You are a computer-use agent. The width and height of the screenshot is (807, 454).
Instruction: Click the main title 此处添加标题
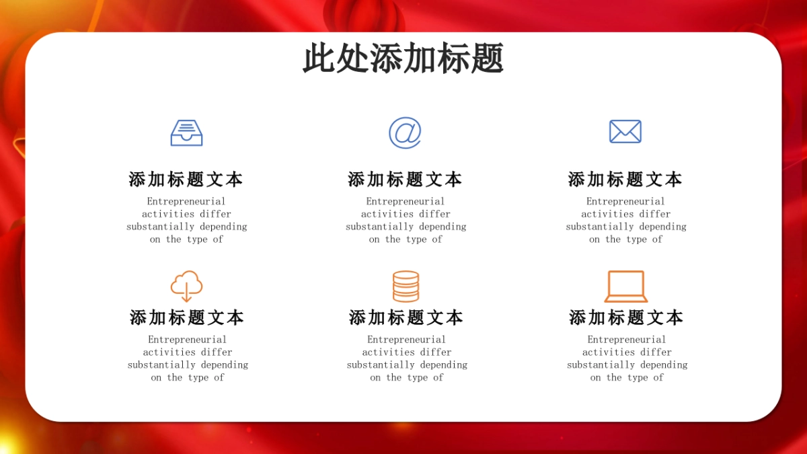click(403, 59)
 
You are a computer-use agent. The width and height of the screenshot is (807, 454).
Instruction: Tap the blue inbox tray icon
click(186, 133)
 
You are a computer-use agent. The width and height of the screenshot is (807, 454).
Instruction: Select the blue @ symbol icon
click(405, 133)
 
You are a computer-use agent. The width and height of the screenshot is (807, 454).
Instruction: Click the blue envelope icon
click(625, 131)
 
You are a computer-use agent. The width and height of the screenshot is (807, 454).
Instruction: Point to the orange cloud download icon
click(186, 286)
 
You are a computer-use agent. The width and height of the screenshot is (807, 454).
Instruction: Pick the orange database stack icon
click(406, 286)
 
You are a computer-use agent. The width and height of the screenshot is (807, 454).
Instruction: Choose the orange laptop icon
click(625, 287)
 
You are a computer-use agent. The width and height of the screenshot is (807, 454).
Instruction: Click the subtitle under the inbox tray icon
click(186, 180)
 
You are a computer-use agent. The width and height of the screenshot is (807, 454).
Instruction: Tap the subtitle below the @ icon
click(405, 180)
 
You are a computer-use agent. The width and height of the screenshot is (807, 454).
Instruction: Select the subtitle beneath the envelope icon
click(625, 180)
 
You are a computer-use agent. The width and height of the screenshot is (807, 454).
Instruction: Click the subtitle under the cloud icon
click(187, 317)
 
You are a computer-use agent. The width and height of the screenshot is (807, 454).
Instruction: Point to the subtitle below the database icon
click(406, 317)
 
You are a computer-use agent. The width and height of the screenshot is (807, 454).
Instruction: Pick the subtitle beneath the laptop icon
click(626, 317)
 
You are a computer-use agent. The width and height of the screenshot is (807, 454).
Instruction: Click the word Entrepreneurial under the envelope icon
click(625, 201)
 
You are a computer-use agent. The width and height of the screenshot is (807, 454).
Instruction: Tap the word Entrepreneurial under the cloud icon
click(188, 340)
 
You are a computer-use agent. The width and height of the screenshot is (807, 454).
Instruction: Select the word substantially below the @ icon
click(379, 227)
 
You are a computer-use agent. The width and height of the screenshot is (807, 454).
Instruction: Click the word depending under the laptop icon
click(663, 365)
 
